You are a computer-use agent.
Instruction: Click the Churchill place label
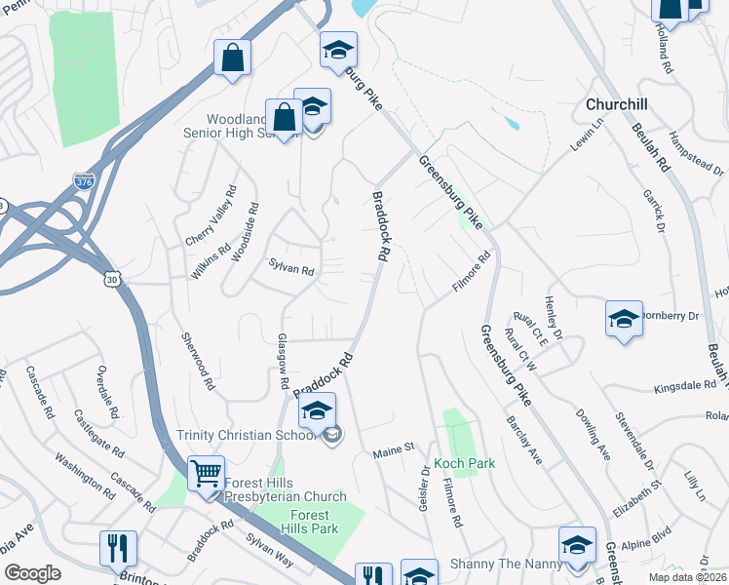(x=617, y=104)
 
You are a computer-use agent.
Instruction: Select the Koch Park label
(x=465, y=463)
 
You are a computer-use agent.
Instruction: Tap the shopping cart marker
(x=206, y=475)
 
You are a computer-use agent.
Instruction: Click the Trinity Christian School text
(x=248, y=435)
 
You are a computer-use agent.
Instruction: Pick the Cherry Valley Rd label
(x=211, y=215)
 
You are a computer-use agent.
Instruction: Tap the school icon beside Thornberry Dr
(x=624, y=320)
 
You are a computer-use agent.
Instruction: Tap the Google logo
(x=32, y=573)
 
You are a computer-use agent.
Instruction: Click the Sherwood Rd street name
(x=196, y=362)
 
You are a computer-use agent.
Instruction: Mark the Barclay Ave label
(x=523, y=440)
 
